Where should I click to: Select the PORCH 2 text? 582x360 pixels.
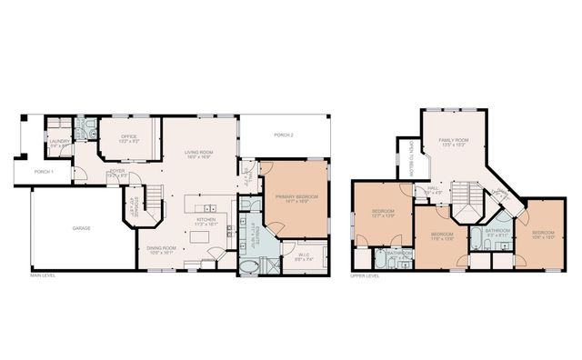coord(284,135)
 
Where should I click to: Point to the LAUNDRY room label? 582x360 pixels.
coord(59,142)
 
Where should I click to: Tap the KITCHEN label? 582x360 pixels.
coord(205,220)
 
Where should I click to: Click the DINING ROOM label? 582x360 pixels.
coord(160,248)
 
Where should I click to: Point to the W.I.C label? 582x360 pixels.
coord(305,256)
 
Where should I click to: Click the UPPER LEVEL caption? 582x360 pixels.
coord(364,275)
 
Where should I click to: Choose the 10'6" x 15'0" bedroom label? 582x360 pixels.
coord(544,235)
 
